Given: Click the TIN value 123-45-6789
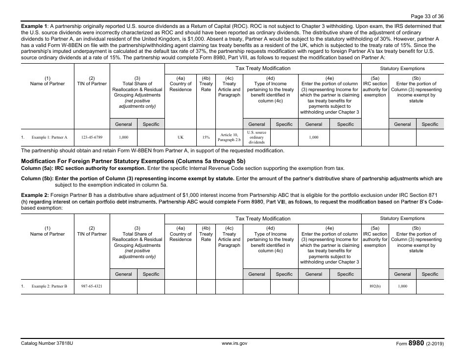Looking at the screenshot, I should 92,138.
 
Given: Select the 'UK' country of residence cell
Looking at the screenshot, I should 181,138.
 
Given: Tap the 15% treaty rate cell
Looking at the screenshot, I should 206,138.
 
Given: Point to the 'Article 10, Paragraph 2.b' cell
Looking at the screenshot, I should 229,138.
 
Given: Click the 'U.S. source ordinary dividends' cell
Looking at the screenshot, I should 256,138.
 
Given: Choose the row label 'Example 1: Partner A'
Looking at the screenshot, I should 49,138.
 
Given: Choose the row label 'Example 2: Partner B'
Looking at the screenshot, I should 49,286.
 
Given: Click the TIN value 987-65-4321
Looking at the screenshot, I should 92,286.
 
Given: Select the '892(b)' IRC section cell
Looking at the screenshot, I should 375,286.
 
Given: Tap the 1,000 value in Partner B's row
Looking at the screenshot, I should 402,286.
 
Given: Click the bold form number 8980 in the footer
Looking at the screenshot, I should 416,343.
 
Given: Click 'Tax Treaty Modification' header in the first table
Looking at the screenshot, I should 263,69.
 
